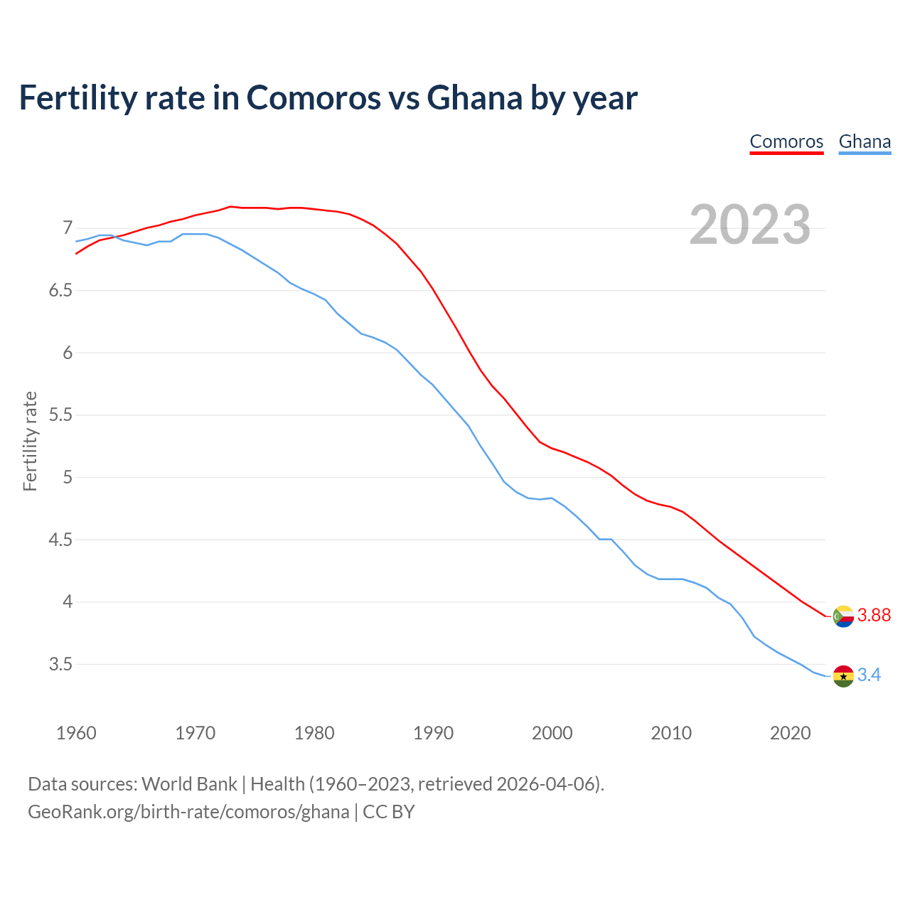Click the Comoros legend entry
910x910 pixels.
coord(786,141)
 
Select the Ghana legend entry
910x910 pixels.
coord(864,141)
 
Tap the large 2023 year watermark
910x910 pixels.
coord(749,225)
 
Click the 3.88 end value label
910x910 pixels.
coord(874,615)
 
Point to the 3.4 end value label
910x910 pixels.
coord(869,675)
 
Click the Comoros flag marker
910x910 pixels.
coord(843,616)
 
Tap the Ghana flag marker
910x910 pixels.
coord(843,675)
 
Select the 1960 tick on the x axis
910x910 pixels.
coord(76,733)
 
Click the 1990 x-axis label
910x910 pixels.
coord(433,733)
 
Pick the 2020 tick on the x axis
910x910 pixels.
coord(790,733)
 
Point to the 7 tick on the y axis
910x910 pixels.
coord(68,228)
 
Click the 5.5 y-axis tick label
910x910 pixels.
coord(61,415)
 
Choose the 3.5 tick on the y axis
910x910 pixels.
coord(61,665)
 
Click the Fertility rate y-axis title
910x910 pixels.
coord(30,441)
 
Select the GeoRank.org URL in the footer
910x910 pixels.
coord(188,811)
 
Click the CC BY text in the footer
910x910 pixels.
coord(389,811)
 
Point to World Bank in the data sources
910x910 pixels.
coord(189,783)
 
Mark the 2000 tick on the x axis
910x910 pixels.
coord(552,733)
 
